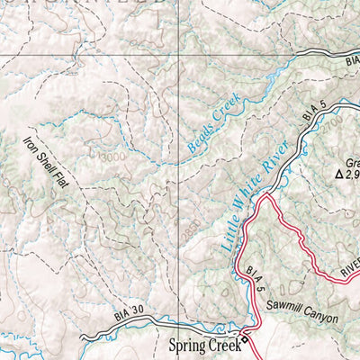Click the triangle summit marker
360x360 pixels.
coord(340,175)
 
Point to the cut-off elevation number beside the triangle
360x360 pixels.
coord(353,175)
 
